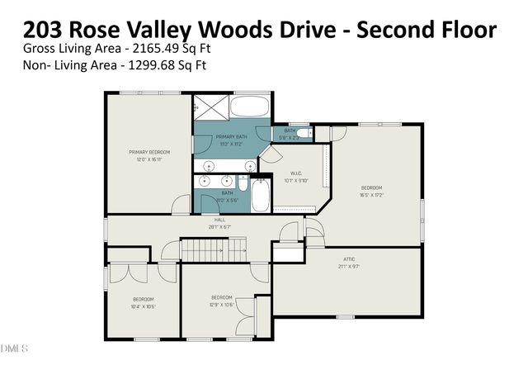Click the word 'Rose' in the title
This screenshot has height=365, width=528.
tap(96, 31)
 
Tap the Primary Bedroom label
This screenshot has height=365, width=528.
tap(148, 152)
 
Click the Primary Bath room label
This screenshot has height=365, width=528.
tap(231, 136)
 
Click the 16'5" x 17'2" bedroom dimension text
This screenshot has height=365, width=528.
tap(372, 196)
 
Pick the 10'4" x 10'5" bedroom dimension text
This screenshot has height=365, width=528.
tap(144, 306)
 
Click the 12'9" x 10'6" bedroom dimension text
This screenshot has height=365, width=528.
tap(221, 305)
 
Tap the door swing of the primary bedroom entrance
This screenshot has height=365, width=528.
tap(178, 205)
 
